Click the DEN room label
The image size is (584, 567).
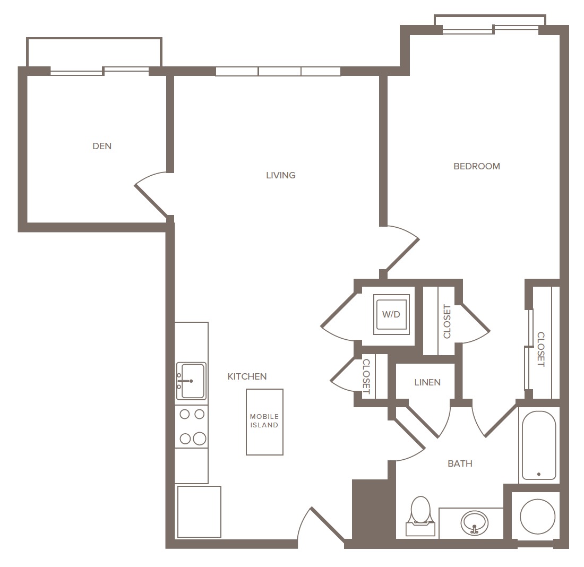[102, 146]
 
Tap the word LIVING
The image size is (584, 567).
[281, 175]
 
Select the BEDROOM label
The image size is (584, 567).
[477, 166]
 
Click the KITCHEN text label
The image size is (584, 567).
[247, 376]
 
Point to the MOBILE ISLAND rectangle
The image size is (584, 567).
[264, 422]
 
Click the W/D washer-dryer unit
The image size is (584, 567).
[391, 314]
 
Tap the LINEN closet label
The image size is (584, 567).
[427, 382]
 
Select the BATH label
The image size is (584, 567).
[460, 463]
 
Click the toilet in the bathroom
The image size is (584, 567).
[420, 517]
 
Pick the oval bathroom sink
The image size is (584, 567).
[475, 522]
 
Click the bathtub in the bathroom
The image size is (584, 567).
[539, 445]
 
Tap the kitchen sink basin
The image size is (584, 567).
[191, 381]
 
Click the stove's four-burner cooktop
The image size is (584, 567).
[192, 426]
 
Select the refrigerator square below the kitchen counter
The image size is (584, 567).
[199, 512]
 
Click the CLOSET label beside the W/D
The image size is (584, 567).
[447, 322]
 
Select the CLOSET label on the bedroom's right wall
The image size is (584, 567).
[541, 349]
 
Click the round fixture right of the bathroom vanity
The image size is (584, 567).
[537, 517]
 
